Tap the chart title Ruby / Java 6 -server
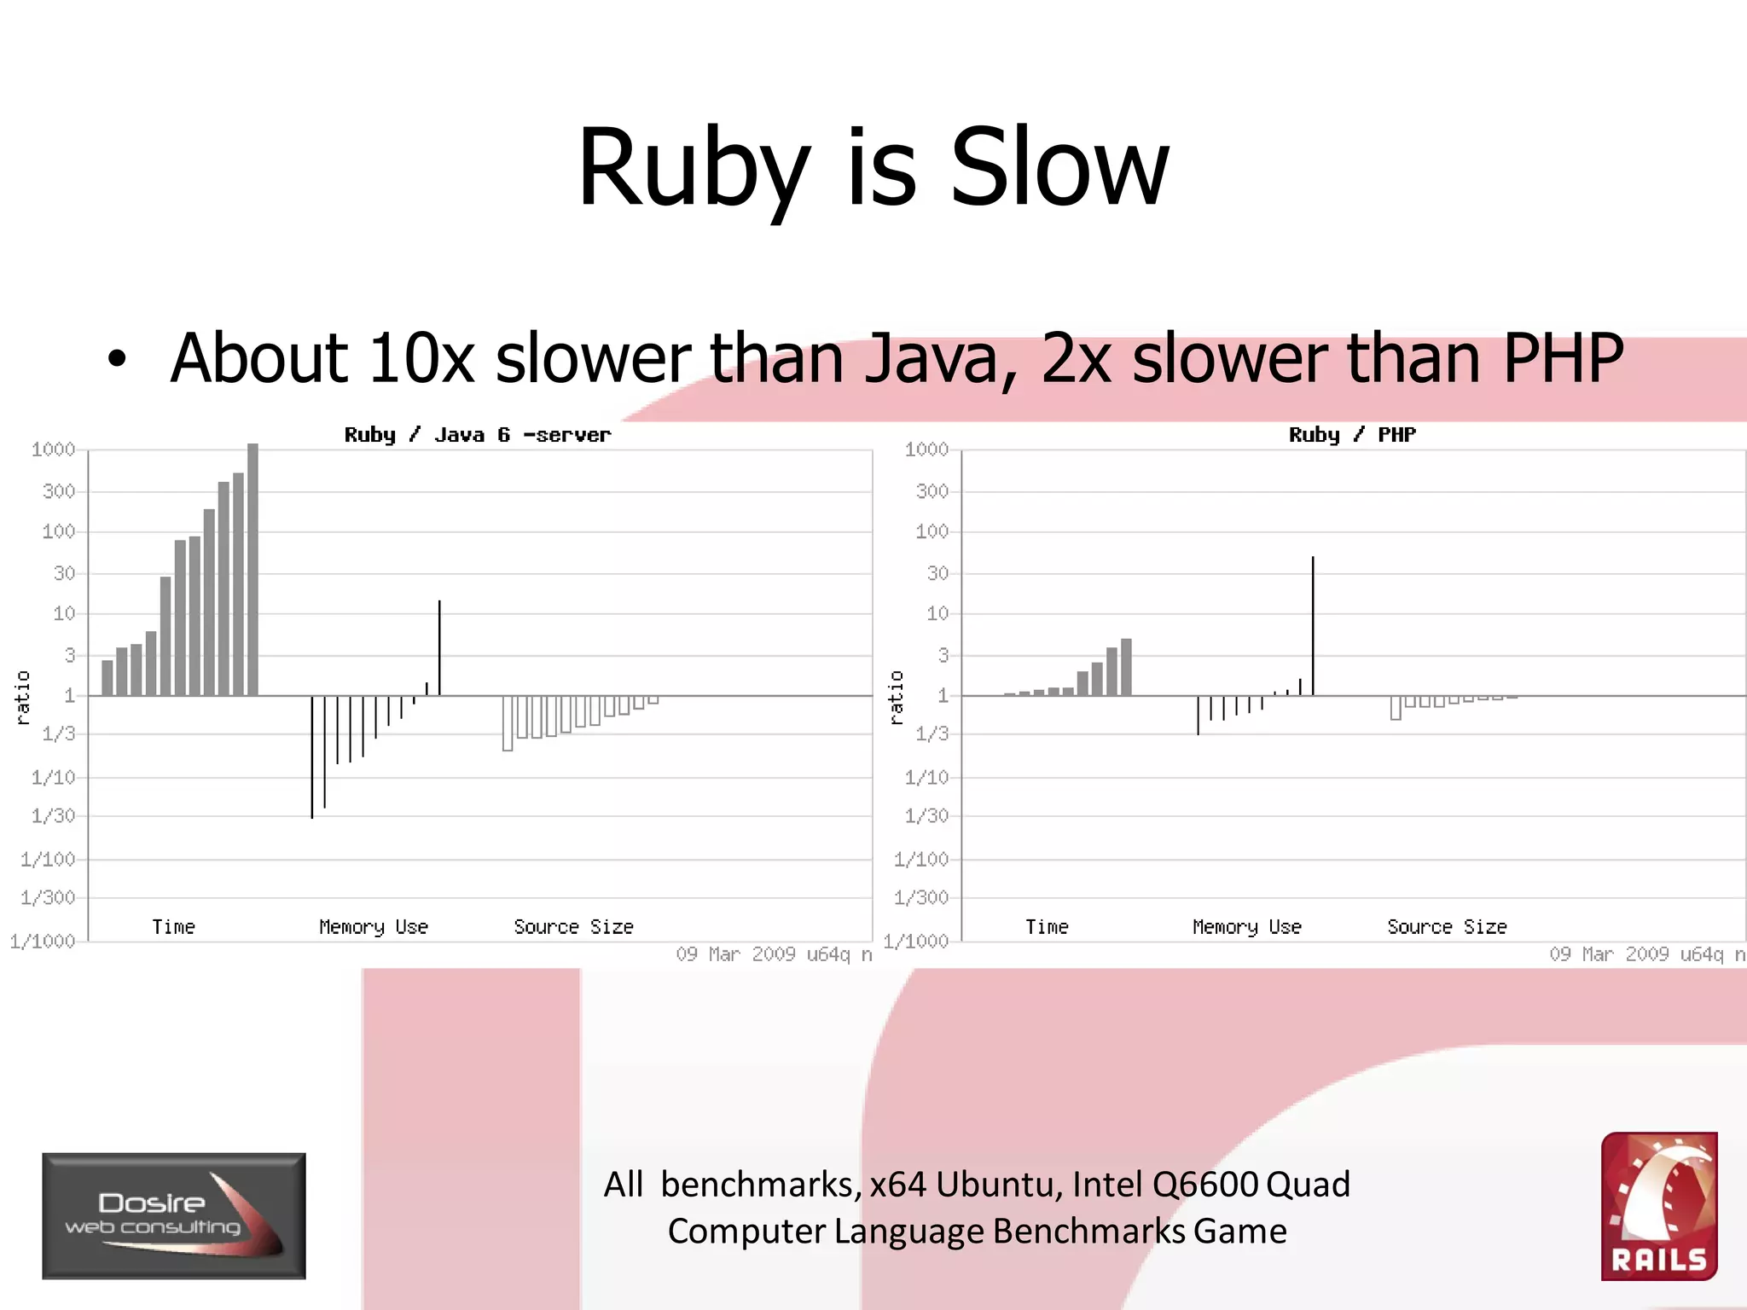coord(477,435)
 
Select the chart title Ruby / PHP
coord(1352,435)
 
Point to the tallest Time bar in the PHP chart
coord(1126,667)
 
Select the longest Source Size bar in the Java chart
coord(508,724)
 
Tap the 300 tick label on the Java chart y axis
coord(59,491)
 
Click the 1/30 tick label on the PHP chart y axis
coord(926,816)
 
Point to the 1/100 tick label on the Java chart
coord(48,859)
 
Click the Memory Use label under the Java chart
coord(374,927)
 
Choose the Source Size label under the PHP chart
coord(1447,927)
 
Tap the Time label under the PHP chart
coord(1047,927)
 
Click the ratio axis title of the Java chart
coord(23,698)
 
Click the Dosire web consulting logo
coord(174,1215)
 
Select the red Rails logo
coord(1659,1206)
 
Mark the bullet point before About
coord(117,360)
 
